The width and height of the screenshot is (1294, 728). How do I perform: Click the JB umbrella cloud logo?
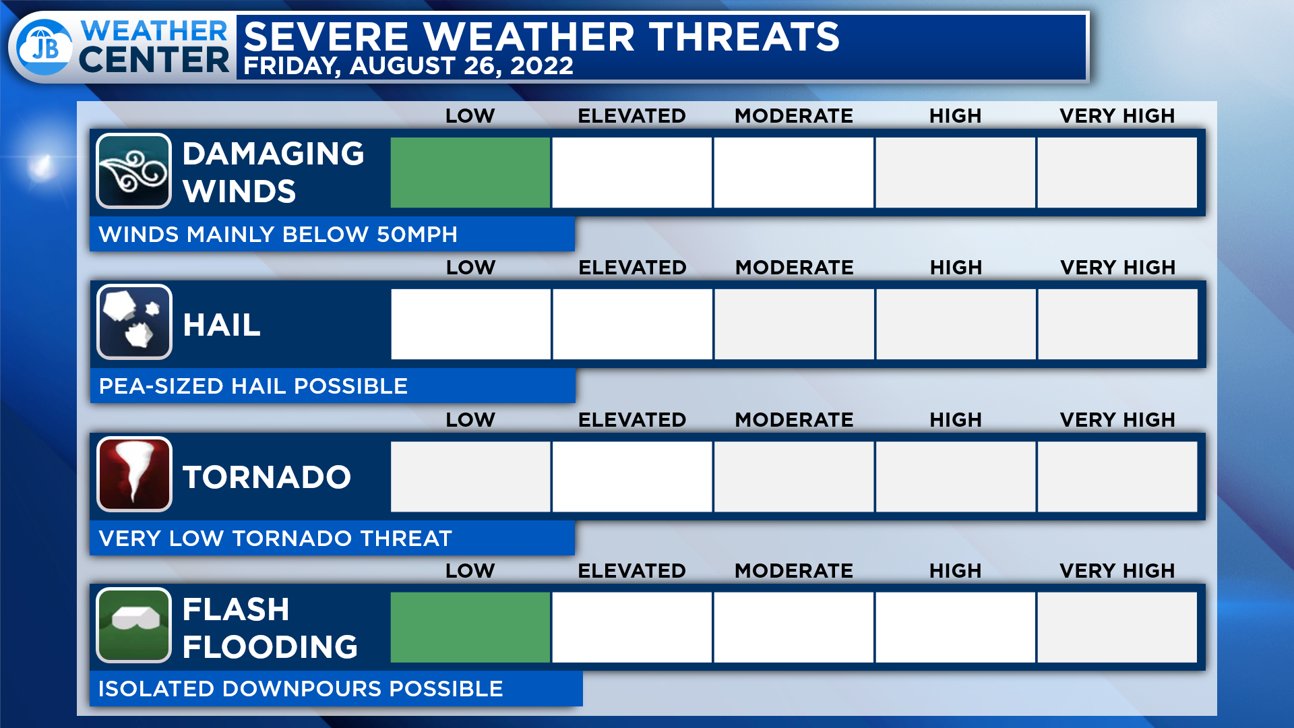tap(44, 47)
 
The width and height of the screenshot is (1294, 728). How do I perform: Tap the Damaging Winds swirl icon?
tap(133, 171)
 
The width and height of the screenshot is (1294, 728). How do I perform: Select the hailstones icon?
tap(134, 322)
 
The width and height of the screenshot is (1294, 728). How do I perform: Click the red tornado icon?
tap(134, 474)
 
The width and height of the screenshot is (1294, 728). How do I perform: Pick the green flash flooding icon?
tap(133, 626)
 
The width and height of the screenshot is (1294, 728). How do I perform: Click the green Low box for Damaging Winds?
tap(470, 173)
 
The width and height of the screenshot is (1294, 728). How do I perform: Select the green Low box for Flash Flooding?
tap(470, 628)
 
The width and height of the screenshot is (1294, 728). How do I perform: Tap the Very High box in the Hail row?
tap(1117, 324)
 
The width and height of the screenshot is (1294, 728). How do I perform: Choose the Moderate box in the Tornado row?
tap(794, 477)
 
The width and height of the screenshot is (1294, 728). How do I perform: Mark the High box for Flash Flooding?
tap(956, 628)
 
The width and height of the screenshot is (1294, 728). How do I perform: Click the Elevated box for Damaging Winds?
tap(632, 173)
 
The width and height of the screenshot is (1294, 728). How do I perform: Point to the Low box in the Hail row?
tap(470, 324)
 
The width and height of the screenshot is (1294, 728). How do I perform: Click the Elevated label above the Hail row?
tap(632, 268)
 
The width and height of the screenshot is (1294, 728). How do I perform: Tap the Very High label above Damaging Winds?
tap(1117, 116)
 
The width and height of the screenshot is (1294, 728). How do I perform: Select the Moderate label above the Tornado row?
tap(794, 420)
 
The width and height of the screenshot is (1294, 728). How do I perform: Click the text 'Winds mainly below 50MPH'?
tap(278, 235)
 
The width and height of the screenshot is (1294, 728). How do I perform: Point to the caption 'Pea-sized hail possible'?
tap(253, 386)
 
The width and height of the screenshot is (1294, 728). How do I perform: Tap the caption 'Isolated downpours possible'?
tap(301, 689)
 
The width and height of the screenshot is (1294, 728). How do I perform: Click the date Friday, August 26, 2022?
tap(408, 66)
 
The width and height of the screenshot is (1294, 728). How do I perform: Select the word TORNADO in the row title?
tap(267, 477)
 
